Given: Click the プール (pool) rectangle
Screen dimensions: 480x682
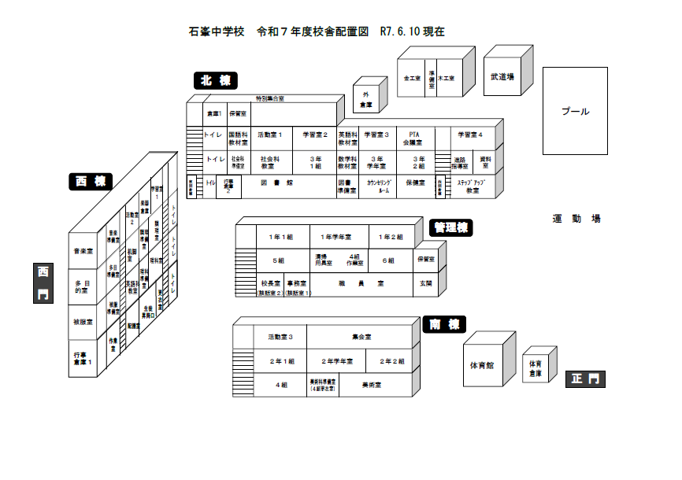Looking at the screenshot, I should pyautogui.click(x=575, y=111).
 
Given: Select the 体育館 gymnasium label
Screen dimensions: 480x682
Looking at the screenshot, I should pyautogui.click(x=481, y=365).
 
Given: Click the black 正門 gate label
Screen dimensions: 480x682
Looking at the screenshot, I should pyautogui.click(x=586, y=379).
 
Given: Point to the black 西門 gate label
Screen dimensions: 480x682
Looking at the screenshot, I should pyautogui.click(x=43, y=283).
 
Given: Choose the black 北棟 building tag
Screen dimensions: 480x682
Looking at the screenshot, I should pyautogui.click(x=215, y=80).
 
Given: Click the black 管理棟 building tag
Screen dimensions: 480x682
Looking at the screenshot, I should pyautogui.click(x=451, y=227).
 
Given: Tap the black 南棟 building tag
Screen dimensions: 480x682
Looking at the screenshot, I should pyautogui.click(x=444, y=324).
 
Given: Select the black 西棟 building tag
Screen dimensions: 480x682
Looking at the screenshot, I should pyautogui.click(x=90, y=182).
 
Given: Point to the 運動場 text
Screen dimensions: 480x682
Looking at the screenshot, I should pyautogui.click(x=576, y=219).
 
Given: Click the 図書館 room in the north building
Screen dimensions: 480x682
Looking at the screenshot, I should pyautogui.click(x=277, y=183).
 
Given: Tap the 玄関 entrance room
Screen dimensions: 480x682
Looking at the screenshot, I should pyautogui.click(x=425, y=282).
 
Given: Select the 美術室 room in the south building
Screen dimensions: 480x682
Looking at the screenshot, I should pyautogui.click(x=372, y=386).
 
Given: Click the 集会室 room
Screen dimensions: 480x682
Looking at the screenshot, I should pyautogui.click(x=361, y=336).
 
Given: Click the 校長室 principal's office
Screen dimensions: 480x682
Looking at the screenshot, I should pyautogui.click(x=271, y=282).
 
